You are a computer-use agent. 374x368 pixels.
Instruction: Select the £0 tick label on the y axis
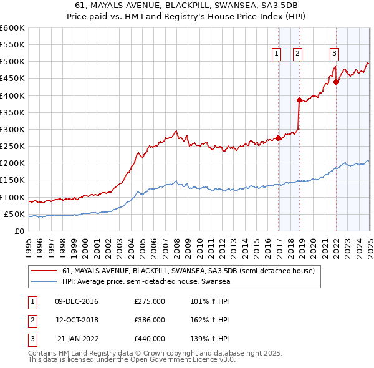[x=19, y=231]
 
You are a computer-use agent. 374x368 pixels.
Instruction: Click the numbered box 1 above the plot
[x=276, y=54]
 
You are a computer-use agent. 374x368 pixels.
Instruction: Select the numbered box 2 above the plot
[x=297, y=54]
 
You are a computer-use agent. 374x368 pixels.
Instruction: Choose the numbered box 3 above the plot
[x=334, y=54]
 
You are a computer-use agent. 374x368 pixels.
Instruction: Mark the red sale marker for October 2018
[x=300, y=100]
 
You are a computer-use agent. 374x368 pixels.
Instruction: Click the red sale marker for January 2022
[x=337, y=82]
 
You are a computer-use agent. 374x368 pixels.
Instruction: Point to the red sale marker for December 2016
[x=279, y=138]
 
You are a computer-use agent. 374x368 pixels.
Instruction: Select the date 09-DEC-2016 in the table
[x=77, y=301]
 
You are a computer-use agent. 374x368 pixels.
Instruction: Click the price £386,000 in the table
[x=150, y=320]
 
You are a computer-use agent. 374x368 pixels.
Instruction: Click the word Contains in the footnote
[x=44, y=353]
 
